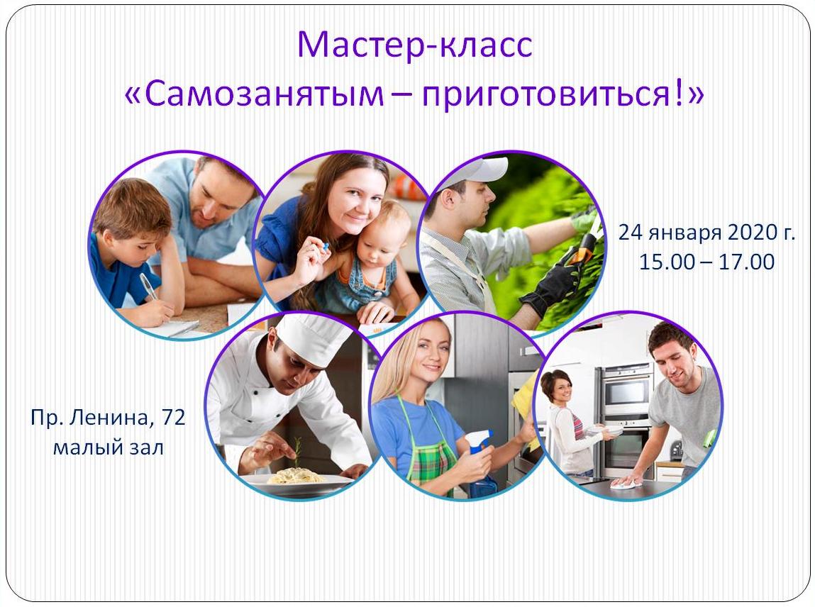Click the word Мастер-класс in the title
[x=415, y=45]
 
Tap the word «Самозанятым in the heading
[x=254, y=94]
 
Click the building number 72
[x=174, y=417]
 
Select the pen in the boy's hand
[x=148, y=286]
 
